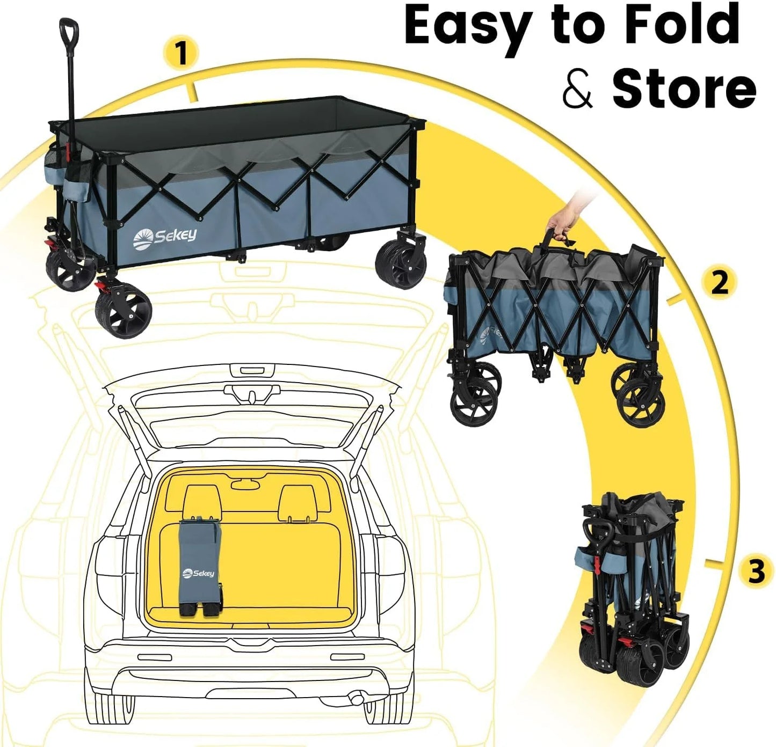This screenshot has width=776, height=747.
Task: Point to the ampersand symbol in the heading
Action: click(x=577, y=90)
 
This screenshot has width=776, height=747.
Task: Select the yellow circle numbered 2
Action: click(x=719, y=282)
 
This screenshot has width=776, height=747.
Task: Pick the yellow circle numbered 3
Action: click(x=756, y=571)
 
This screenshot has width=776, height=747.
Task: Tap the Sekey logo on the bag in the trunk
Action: click(x=199, y=574)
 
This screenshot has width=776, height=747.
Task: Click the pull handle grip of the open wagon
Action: click(x=69, y=32)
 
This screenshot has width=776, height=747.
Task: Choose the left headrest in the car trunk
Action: click(x=202, y=502)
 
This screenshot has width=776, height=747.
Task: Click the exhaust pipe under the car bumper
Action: click(x=355, y=698)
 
